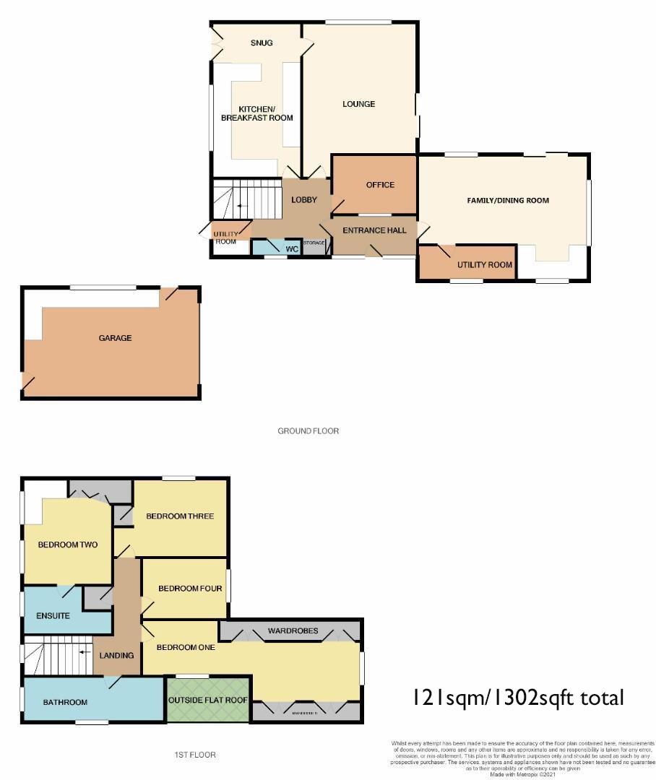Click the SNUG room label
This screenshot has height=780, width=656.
[x=262, y=43]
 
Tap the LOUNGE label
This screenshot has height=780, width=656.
[x=358, y=104]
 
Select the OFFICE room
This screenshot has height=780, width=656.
[x=380, y=185]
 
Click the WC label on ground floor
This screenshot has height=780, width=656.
[x=292, y=249]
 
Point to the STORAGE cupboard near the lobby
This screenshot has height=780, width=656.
[x=314, y=243]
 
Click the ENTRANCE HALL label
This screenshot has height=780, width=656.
[x=374, y=230]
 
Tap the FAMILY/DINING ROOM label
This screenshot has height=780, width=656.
[x=508, y=201]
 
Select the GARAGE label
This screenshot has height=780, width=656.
[x=116, y=338]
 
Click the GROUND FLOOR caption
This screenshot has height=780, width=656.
[x=308, y=431]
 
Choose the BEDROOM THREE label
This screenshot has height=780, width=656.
[x=180, y=516]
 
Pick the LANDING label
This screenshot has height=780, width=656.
[x=117, y=656]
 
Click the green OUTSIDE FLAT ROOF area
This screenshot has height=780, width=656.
[x=208, y=701]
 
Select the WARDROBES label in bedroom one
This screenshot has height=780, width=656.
[x=293, y=630]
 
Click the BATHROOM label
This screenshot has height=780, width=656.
[x=65, y=702]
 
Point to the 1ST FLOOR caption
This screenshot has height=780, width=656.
[x=195, y=755]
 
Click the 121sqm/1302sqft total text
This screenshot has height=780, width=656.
[x=517, y=698]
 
